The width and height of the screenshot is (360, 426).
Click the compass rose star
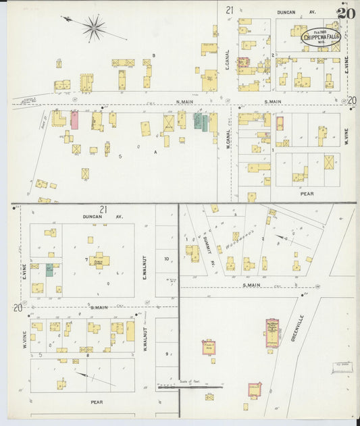pyautogui.click(x=94, y=28)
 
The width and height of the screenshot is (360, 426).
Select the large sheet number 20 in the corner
pyautogui.click(x=346, y=14)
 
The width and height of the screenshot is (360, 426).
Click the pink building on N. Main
pyautogui.click(x=74, y=120)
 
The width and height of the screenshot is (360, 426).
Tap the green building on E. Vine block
pyautogui.click(x=49, y=270)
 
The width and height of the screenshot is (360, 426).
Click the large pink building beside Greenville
pyautogui.click(x=272, y=333)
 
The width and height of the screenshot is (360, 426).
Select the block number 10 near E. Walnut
pyautogui.click(x=166, y=259)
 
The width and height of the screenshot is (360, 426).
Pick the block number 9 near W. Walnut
pyautogui.click(x=166, y=354)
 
